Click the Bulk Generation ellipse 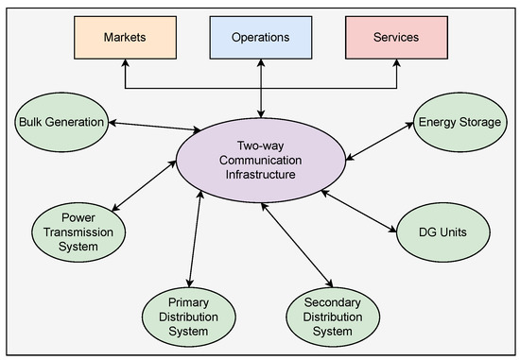[61, 122]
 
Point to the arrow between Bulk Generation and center [151, 127]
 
